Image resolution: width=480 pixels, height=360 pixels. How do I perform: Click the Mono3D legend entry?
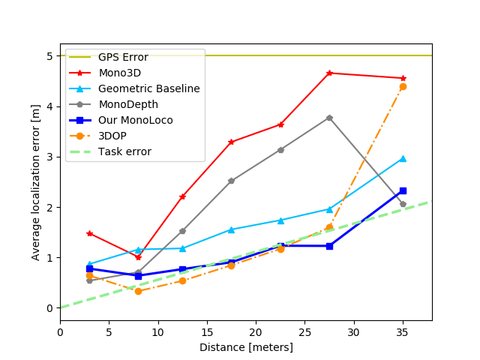[x=119, y=73]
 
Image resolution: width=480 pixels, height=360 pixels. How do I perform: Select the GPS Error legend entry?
[x=123, y=57]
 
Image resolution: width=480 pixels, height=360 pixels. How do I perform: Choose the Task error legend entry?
[x=124, y=151]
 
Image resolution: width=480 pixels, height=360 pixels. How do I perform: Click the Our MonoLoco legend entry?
[x=135, y=120]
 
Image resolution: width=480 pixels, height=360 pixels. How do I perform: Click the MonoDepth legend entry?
[x=128, y=104]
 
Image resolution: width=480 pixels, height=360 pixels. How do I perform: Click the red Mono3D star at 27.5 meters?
[x=329, y=73]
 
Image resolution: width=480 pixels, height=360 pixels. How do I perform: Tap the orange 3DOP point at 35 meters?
[x=403, y=86]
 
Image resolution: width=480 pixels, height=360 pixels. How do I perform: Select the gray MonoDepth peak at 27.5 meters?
[x=329, y=118]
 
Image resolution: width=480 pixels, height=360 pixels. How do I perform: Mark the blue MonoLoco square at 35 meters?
[x=403, y=190]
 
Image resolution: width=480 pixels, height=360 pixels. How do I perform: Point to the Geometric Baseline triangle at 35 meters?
[x=403, y=158]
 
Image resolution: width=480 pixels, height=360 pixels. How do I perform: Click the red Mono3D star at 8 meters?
[x=138, y=257]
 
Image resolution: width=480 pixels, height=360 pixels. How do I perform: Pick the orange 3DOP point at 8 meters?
[x=138, y=291]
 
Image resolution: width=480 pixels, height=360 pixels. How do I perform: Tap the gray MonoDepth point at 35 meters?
[x=403, y=204]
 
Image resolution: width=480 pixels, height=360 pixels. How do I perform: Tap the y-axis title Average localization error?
[x=36, y=182]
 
